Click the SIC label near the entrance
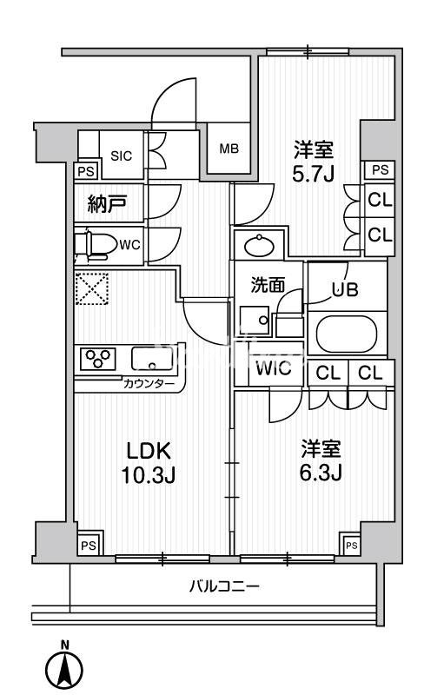pyautogui.click(x=121, y=156)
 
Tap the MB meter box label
pyautogui.click(x=228, y=149)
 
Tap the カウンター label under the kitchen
pyautogui.click(x=149, y=384)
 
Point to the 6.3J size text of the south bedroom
pyautogui.click(x=321, y=473)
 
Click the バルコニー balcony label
pyautogui.click(x=224, y=587)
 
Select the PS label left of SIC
pyautogui.click(x=86, y=171)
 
